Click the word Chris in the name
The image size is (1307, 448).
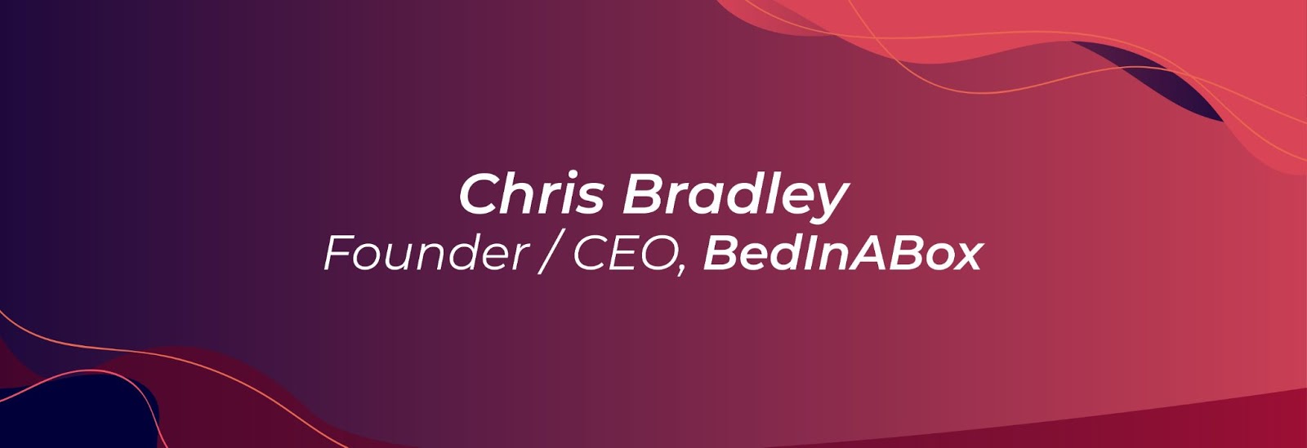click(532, 193)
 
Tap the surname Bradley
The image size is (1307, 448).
click(735, 197)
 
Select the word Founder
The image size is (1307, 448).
click(426, 253)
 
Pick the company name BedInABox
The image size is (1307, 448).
click(843, 254)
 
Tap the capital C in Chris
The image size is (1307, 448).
click(481, 194)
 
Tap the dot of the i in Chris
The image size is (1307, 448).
click(572, 175)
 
